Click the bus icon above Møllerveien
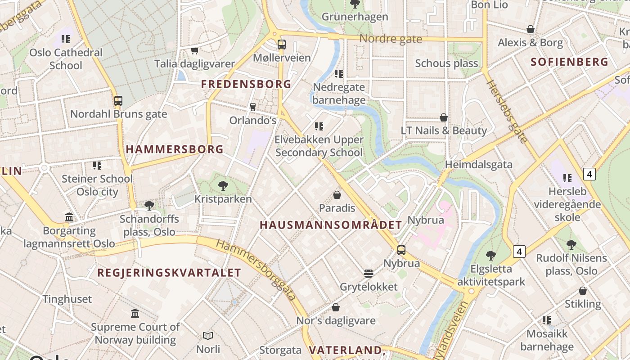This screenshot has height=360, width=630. click(x=281, y=45)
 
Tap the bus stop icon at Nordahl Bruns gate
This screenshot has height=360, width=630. click(x=118, y=101)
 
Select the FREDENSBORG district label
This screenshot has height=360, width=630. click(x=246, y=84)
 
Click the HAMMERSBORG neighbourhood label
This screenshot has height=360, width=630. click(x=175, y=149)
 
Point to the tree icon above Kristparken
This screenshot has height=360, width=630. click(x=223, y=185)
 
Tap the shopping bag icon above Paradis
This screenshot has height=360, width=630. click(x=337, y=195)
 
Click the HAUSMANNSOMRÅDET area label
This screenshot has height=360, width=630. click(x=331, y=225)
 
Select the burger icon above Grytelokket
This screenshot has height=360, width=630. click(x=369, y=274)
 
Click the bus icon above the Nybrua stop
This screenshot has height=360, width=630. click(x=401, y=250)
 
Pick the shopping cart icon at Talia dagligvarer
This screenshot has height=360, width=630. click(x=195, y=50)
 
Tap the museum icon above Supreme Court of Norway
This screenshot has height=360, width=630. click(x=135, y=313)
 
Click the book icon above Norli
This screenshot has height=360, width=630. click(x=208, y=336)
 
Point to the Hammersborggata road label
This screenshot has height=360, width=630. click(x=256, y=270)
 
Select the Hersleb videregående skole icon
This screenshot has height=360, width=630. click(x=567, y=178)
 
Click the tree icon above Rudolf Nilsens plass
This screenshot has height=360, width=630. click(x=571, y=245)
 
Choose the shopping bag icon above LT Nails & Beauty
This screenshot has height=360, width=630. click(x=444, y=117)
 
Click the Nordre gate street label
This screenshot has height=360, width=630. click(x=391, y=39)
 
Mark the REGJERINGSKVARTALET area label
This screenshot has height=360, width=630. click(x=169, y=273)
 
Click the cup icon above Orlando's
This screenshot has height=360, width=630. click(x=252, y=107)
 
